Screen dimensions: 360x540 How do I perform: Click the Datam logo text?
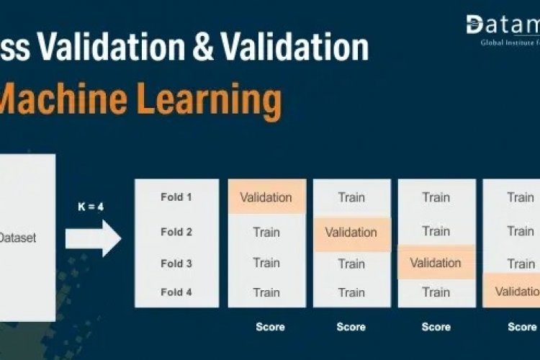[x=503, y=26]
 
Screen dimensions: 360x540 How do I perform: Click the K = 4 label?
[x=91, y=207]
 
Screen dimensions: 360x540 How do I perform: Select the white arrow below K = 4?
[x=94, y=238]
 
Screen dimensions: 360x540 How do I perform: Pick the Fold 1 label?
[x=176, y=197]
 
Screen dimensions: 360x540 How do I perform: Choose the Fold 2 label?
[x=176, y=232]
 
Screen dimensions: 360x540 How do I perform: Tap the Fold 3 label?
[x=176, y=264]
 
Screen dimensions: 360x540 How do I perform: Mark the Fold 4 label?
[x=176, y=292]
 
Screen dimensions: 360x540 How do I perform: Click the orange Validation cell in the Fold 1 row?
[x=266, y=197]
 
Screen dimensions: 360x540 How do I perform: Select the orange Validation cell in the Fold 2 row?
[x=351, y=233]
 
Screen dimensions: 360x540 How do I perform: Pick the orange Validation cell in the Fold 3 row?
[x=436, y=263]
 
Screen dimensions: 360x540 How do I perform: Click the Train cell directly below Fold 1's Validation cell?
[x=266, y=232]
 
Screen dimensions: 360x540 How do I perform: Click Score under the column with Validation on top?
[x=270, y=327]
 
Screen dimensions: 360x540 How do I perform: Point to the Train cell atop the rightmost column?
[x=520, y=197]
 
